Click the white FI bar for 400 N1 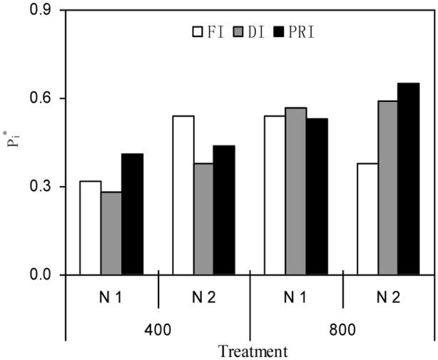click(90, 228)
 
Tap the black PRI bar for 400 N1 click(132, 214)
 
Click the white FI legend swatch click(197, 31)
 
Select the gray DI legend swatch click(238, 31)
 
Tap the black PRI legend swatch click(280, 31)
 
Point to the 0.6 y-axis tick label click(44, 98)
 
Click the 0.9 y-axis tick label click(44, 11)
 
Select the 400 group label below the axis click(157, 330)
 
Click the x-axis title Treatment click(253, 351)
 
